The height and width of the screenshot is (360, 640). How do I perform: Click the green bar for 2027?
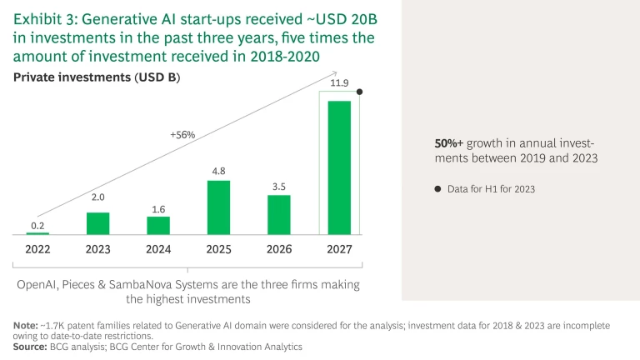pyautogui.click(x=339, y=167)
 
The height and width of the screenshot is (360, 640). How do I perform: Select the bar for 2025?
pyautogui.click(x=218, y=207)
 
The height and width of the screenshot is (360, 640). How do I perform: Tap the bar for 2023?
pyautogui.click(x=98, y=223)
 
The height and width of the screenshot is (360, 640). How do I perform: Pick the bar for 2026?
pyautogui.click(x=279, y=215)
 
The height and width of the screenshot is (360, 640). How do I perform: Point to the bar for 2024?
pyautogui.click(x=158, y=226)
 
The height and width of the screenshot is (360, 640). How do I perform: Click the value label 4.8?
pyautogui.click(x=218, y=171)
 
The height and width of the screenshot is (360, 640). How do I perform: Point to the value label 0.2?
pyautogui.click(x=37, y=224)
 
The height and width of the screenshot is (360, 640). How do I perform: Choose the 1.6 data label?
pyautogui.click(x=158, y=207)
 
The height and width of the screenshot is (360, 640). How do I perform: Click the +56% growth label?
pyautogui.click(x=182, y=134)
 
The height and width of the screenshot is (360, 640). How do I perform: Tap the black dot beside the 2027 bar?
pyautogui.click(x=360, y=92)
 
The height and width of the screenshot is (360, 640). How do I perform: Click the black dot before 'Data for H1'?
pyautogui.click(x=437, y=189)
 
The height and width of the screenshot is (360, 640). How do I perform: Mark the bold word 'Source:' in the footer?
pyautogui.click(x=30, y=345)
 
